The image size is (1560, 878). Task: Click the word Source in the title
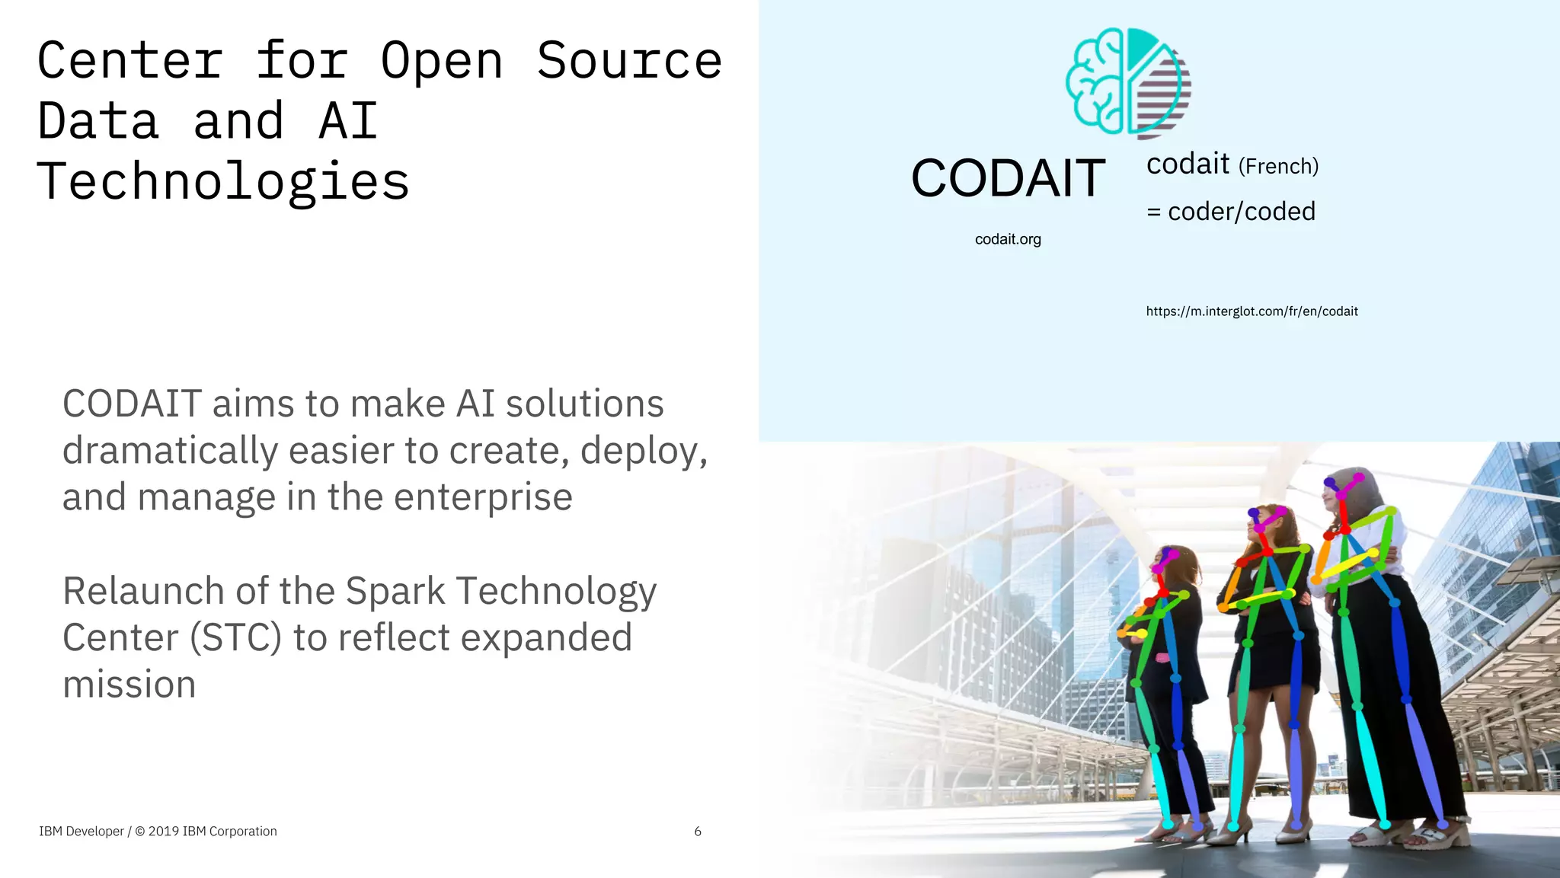pyautogui.click(x=629, y=61)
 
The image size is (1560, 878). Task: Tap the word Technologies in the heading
pyautogui.click(x=223, y=182)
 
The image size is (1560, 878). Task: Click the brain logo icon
pyautogui.click(x=1128, y=83)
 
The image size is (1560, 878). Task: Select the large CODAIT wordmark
pyautogui.click(x=1008, y=178)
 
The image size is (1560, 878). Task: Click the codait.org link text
pyautogui.click(x=1008, y=239)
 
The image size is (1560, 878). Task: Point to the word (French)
pyautogui.click(x=1278, y=166)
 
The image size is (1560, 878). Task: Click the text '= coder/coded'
pyautogui.click(x=1231, y=211)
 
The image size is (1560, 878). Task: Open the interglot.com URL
pyautogui.click(x=1252, y=311)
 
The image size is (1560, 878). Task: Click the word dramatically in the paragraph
pyautogui.click(x=170, y=451)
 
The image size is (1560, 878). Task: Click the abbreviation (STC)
pyautogui.click(x=236, y=638)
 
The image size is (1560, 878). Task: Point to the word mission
pyautogui.click(x=129, y=685)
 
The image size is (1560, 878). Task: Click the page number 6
pyautogui.click(x=698, y=832)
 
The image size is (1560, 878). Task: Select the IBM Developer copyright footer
pyautogui.click(x=158, y=832)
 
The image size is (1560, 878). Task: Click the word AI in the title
pyautogui.click(x=348, y=122)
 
